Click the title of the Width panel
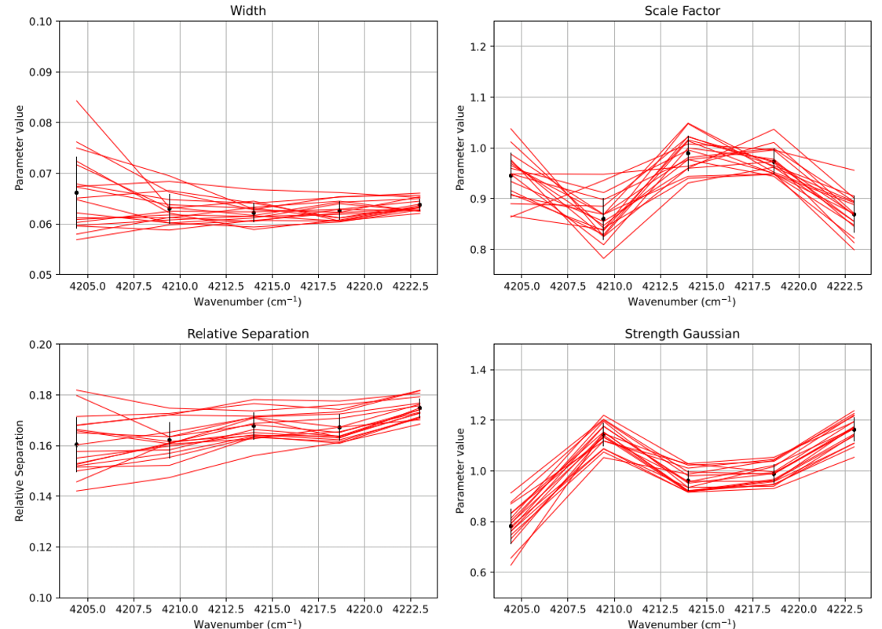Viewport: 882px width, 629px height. (x=247, y=10)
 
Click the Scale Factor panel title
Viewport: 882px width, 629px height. (x=682, y=10)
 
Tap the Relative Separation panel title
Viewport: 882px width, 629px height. (x=247, y=334)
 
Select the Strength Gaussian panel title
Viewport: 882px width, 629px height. (x=682, y=334)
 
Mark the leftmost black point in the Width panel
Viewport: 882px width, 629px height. (x=76, y=192)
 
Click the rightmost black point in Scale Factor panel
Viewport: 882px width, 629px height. (x=854, y=214)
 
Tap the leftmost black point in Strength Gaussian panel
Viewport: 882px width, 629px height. (x=511, y=526)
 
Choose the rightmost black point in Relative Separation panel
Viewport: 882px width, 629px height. (x=419, y=408)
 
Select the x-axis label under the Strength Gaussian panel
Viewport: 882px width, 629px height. (x=682, y=623)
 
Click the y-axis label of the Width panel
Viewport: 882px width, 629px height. (x=19, y=148)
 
